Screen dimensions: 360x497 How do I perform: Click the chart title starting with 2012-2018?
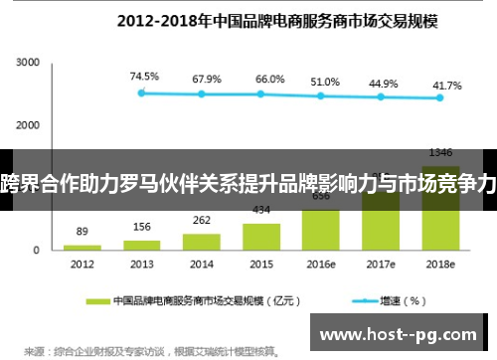(x=248, y=19)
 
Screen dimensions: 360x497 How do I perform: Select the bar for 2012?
(x=83, y=246)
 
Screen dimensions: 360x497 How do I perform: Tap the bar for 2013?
(x=142, y=244)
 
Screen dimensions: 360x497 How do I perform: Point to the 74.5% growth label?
(x=144, y=76)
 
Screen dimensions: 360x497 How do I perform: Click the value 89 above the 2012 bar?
(x=82, y=231)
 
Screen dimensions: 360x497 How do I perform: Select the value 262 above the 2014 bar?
(x=202, y=221)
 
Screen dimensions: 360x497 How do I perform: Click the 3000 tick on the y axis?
(x=27, y=64)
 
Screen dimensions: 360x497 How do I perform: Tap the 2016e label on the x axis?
(x=321, y=264)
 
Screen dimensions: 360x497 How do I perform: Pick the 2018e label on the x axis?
(x=440, y=264)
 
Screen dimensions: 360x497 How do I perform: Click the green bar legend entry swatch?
(x=96, y=299)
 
